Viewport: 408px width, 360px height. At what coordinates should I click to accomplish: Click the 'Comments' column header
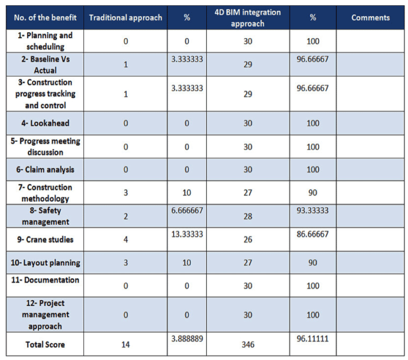(370, 18)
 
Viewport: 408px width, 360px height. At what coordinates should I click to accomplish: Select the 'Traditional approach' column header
(125, 18)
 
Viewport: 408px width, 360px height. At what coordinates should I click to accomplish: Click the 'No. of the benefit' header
(45, 18)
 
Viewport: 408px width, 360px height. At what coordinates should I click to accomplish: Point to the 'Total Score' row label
(45, 345)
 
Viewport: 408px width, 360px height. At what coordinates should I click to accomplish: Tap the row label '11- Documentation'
(45, 280)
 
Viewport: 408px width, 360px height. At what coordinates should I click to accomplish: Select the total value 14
(125, 345)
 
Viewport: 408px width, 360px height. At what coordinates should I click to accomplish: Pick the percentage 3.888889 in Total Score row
(187, 338)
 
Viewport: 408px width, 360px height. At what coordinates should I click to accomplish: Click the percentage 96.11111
(313, 338)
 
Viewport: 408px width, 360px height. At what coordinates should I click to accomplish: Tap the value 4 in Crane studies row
(125, 239)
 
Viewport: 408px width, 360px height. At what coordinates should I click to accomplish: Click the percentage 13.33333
(187, 234)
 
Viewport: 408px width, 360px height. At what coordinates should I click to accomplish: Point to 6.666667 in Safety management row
(187, 210)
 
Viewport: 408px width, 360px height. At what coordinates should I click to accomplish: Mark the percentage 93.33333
(313, 210)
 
